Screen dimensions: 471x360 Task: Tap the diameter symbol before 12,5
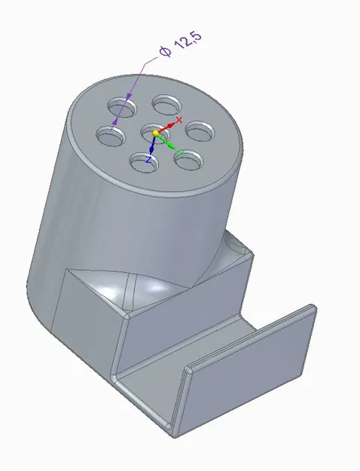tap(164, 52)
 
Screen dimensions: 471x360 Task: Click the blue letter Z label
tap(149, 160)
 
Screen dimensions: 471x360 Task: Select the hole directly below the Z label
tap(141, 160)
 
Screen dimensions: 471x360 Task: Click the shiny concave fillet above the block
tap(151, 290)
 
